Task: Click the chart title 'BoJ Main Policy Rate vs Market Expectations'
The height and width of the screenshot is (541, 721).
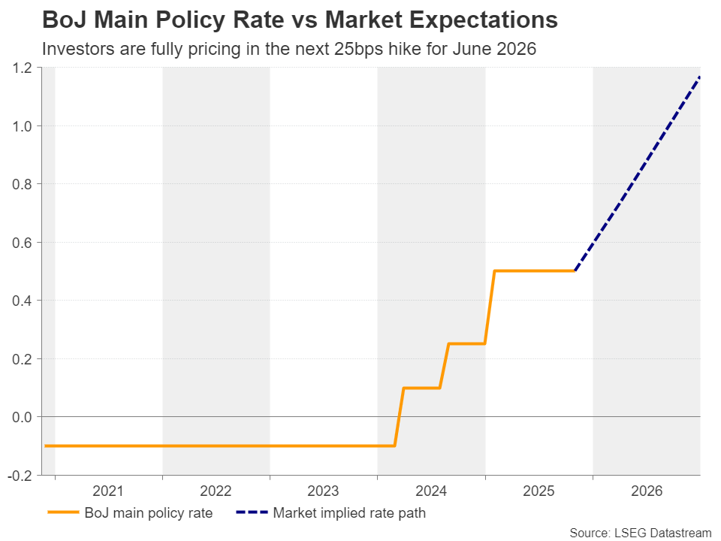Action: click(300, 20)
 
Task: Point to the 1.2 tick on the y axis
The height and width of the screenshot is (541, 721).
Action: click(22, 68)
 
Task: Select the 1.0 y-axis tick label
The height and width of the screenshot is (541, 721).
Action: click(22, 126)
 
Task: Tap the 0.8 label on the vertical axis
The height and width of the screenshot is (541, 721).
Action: click(22, 184)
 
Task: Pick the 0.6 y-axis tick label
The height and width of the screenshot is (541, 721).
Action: click(22, 243)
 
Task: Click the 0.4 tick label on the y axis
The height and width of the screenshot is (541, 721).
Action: click(22, 301)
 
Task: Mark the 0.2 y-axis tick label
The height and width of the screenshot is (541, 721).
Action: click(22, 359)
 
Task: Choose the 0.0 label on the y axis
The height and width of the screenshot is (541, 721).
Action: click(22, 417)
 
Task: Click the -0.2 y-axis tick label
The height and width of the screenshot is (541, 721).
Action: click(20, 476)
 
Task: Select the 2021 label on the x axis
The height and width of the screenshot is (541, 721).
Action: click(108, 491)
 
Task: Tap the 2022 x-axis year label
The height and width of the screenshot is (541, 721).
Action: click(216, 491)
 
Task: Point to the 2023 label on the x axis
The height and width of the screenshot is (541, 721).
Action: click(324, 491)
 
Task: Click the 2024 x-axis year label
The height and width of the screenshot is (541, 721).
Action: click(431, 491)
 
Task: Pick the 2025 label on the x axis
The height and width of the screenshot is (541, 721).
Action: click(538, 491)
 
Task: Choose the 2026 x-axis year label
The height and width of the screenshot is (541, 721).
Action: click(647, 491)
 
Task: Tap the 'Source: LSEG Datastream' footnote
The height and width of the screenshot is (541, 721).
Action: click(640, 533)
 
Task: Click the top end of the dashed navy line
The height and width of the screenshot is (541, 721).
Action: click(699, 77)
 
